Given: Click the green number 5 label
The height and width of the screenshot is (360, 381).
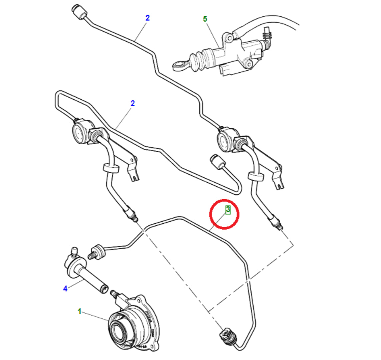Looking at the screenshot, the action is (x=205, y=19).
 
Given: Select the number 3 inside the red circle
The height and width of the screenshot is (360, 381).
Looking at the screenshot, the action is (x=228, y=210).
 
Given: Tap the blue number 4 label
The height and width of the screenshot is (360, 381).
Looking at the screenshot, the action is (x=65, y=289).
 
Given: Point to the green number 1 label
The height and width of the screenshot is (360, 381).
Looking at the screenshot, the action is (x=79, y=311).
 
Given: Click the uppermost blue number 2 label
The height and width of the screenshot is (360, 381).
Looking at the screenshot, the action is (x=147, y=18).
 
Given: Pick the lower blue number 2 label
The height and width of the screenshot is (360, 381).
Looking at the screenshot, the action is (x=132, y=103).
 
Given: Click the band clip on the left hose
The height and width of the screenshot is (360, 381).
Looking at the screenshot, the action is (x=110, y=168).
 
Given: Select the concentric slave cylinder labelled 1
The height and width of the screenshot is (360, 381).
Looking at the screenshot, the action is (x=134, y=325).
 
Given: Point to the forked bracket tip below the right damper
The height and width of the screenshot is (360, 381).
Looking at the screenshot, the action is (x=280, y=185).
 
